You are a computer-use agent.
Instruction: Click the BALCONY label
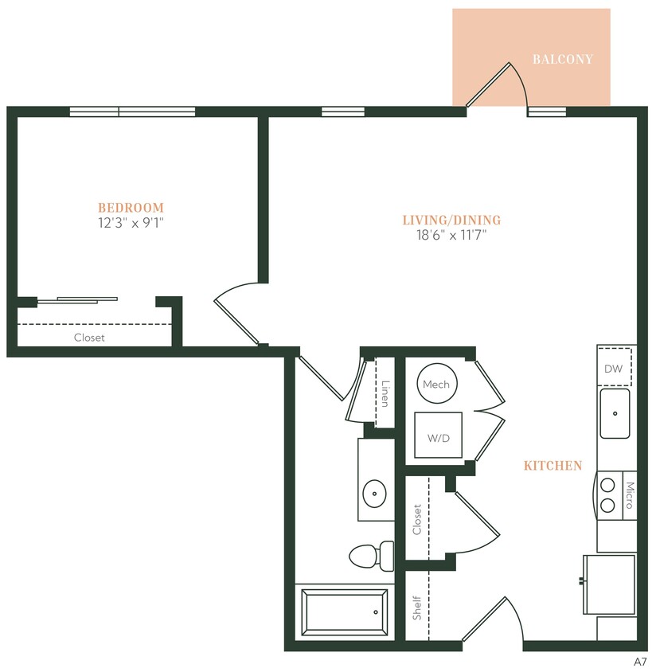563,59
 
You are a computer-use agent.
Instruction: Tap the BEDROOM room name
131,208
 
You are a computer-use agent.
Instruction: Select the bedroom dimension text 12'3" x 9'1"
131,223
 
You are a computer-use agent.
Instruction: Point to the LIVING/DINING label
451,220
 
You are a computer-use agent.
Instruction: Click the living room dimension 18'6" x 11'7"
451,235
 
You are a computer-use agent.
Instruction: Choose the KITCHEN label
553,466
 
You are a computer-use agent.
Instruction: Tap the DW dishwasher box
614,368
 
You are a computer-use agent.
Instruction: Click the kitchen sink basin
614,413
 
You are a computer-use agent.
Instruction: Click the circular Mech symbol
436,384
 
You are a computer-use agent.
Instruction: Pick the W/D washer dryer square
437,436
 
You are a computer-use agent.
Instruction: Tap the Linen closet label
385,393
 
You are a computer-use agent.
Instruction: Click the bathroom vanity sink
374,494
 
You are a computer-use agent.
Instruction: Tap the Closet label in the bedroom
89,338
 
